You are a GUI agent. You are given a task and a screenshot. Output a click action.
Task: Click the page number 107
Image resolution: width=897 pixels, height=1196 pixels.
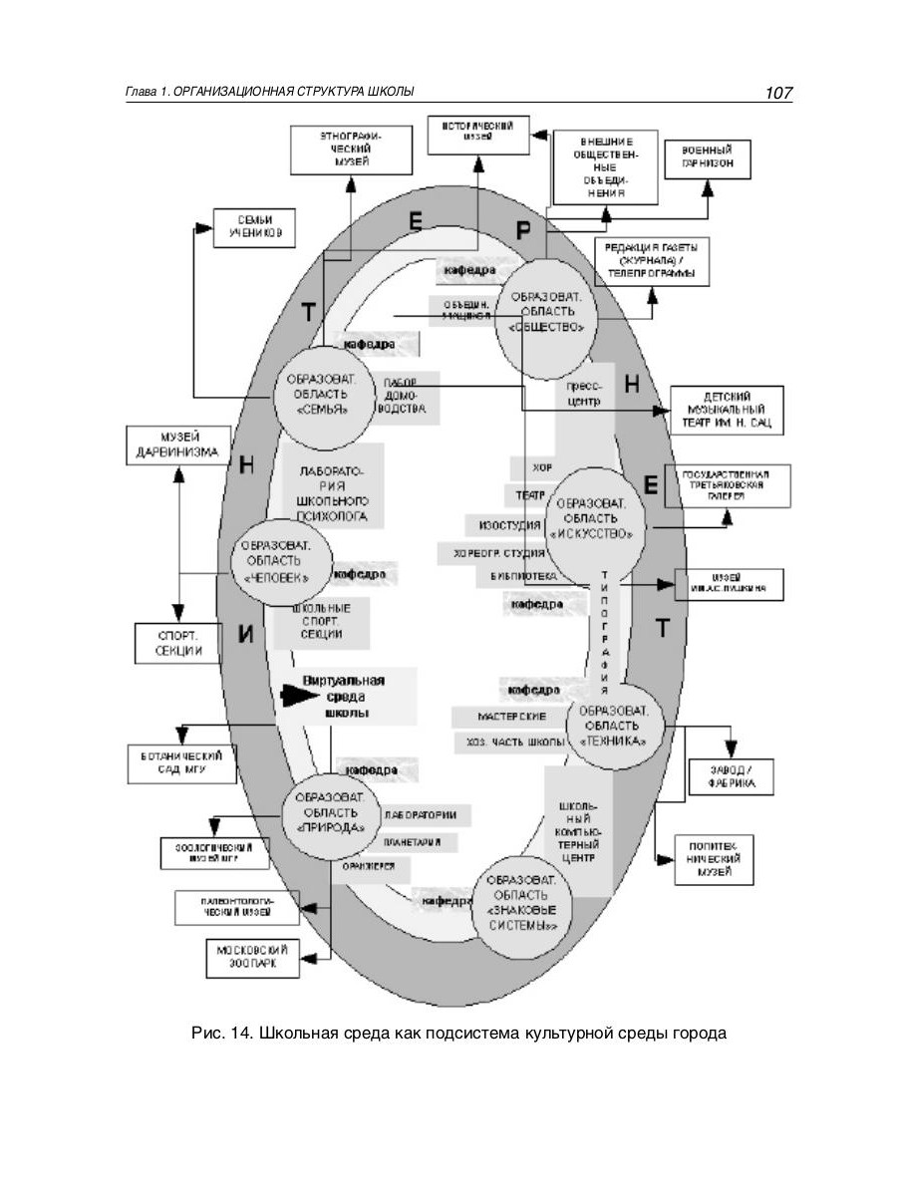tap(777, 93)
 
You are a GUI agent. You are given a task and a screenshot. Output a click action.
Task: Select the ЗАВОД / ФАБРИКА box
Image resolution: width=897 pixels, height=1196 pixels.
tap(731, 776)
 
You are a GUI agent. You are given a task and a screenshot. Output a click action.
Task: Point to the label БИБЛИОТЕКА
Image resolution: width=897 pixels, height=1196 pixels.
tap(515, 576)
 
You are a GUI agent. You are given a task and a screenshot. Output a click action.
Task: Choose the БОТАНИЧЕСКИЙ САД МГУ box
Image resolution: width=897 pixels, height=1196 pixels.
tap(180, 763)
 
